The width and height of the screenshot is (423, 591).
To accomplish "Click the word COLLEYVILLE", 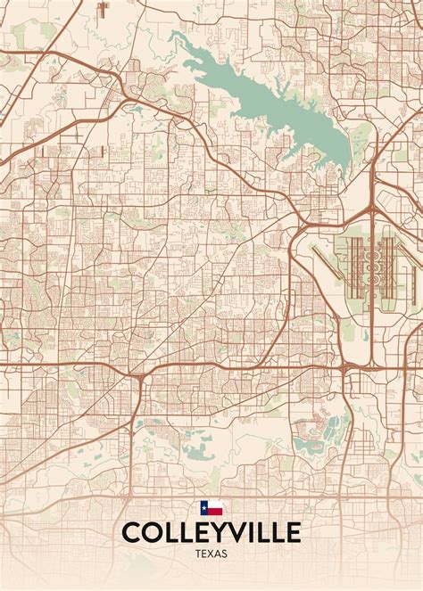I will (211, 533).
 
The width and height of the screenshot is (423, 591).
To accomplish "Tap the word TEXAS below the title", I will (211, 554).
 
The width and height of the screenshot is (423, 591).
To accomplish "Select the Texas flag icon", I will (211, 509).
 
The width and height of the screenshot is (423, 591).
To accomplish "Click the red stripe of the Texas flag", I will (214, 512).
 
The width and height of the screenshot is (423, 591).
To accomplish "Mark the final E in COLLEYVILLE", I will (292, 533).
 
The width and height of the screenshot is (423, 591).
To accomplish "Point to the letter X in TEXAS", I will (211, 554).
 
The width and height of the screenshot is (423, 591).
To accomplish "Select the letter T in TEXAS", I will (196, 554).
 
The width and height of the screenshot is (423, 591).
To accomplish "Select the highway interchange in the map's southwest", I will (141, 379).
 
